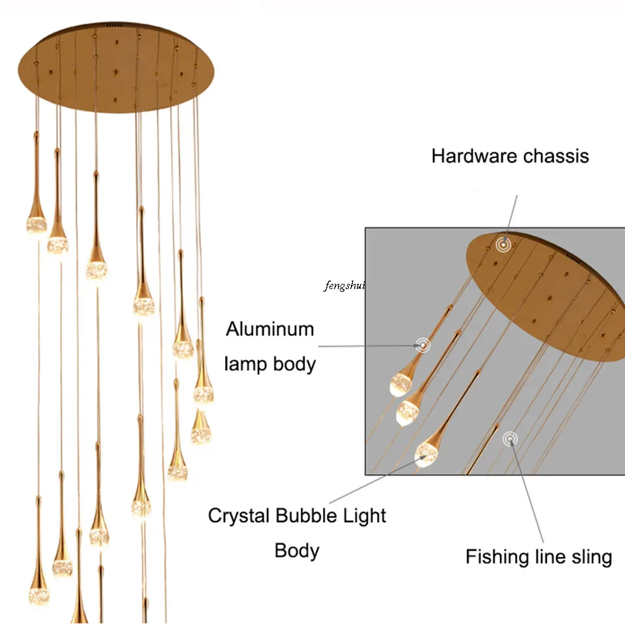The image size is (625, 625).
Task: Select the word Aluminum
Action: click(270, 329)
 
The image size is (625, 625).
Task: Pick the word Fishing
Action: click(497, 557)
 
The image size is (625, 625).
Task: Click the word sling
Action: click(589, 557)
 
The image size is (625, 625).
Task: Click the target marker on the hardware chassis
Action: click(503, 245)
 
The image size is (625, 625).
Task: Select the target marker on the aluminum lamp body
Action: click(424, 345)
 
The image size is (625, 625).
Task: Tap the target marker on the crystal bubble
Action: click(426, 449)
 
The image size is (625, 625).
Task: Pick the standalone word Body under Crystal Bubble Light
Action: click(297, 551)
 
